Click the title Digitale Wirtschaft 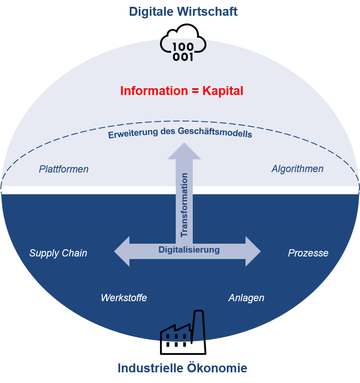(x=183, y=12)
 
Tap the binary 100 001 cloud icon (x=183, y=50)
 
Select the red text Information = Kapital (x=182, y=91)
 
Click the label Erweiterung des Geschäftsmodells (x=180, y=132)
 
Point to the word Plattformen (x=64, y=169)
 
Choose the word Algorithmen (x=297, y=169)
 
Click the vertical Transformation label (x=184, y=204)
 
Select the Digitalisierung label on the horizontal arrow (x=189, y=250)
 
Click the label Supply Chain (x=58, y=253)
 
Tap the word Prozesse (x=308, y=253)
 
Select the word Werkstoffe (x=124, y=298)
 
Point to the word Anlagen (x=246, y=298)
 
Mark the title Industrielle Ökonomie (x=182, y=368)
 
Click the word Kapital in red (x=223, y=91)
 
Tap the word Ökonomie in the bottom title (x=217, y=368)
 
